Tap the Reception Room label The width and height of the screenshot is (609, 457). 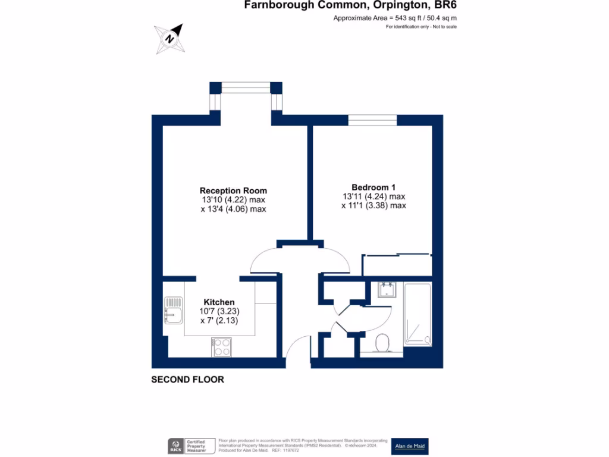(233, 190)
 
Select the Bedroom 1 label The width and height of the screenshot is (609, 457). (373, 186)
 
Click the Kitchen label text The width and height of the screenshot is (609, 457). (219, 302)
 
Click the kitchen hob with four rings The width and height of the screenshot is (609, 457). (221, 347)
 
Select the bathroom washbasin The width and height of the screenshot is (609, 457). (387, 290)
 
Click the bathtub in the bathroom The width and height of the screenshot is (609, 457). (419, 314)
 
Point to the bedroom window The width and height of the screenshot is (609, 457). (372, 120)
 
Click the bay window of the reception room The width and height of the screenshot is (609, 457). (246, 89)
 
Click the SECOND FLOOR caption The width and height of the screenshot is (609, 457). (187, 380)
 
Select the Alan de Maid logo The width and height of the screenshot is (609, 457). (410, 446)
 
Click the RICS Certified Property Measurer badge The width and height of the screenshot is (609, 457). (190, 446)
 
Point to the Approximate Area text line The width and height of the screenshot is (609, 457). (395, 18)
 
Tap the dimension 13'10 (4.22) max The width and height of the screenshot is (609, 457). (233, 200)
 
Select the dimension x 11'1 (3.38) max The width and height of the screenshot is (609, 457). (373, 206)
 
